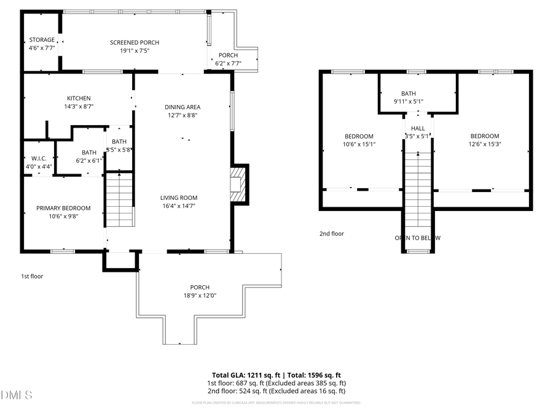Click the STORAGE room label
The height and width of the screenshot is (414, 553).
pos(42,40)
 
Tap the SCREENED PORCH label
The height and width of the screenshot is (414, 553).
pos(135,42)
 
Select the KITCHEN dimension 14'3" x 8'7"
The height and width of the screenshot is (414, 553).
pos(79,106)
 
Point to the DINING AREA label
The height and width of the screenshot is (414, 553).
pos(182,107)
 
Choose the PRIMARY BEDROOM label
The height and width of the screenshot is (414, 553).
pos(63,208)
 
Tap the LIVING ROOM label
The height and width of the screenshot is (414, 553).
pos(179,197)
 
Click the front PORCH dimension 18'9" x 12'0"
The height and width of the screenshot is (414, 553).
pos(200,295)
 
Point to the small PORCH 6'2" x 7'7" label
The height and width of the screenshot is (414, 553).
pos(228,55)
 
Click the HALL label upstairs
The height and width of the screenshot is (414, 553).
pos(418,128)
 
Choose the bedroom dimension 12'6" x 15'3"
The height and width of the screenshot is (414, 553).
pos(484,144)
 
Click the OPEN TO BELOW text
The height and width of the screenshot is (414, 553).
pos(418,238)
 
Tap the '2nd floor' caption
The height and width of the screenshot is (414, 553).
pos(332,234)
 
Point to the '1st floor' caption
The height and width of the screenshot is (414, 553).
pos(32,276)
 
